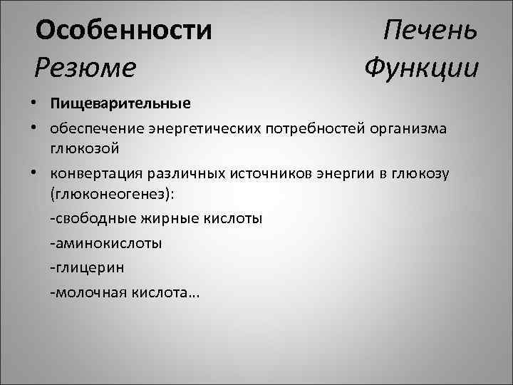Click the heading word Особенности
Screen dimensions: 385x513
(x=124, y=31)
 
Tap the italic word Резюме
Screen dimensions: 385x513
(x=85, y=68)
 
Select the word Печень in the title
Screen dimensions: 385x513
(x=430, y=31)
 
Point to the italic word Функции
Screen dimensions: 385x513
(x=420, y=68)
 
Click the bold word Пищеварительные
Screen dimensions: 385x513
(x=120, y=104)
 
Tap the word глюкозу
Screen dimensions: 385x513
(x=423, y=175)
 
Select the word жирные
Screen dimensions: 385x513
(x=162, y=218)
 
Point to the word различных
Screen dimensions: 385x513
(x=202, y=175)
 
